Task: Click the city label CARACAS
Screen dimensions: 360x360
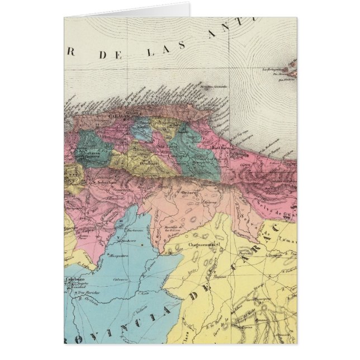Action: coord(117,118)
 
